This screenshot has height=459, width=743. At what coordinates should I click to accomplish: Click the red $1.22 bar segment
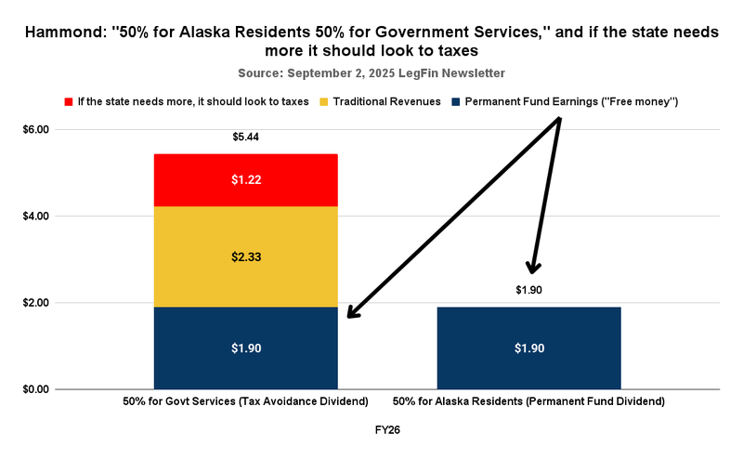coord(245,179)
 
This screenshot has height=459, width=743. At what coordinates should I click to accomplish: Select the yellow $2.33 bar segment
coord(245,256)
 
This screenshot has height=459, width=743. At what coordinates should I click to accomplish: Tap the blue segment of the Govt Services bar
coord(245,348)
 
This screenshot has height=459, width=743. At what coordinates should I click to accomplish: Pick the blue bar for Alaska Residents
coord(528,348)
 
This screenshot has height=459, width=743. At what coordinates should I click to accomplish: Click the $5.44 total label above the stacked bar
coord(245,138)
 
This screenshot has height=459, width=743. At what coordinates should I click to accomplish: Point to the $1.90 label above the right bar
coord(528,290)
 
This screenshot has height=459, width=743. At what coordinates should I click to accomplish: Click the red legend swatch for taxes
coord(69,100)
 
